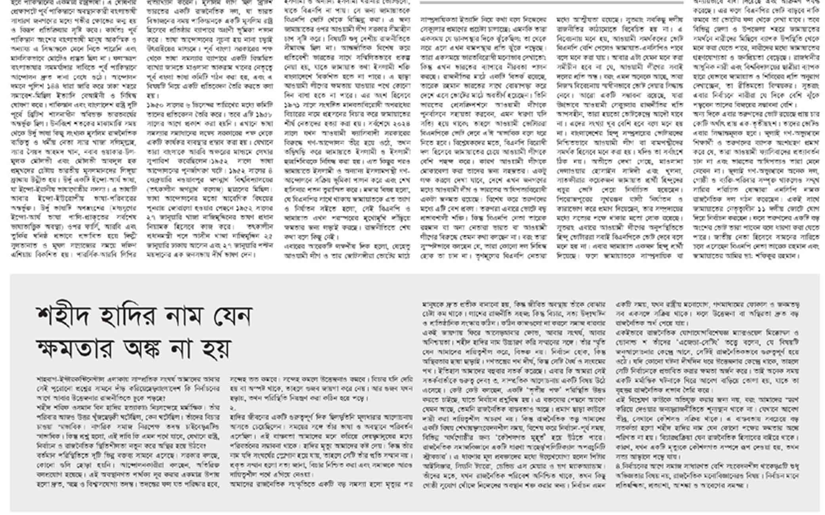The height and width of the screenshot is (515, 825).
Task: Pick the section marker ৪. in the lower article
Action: (619, 466)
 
